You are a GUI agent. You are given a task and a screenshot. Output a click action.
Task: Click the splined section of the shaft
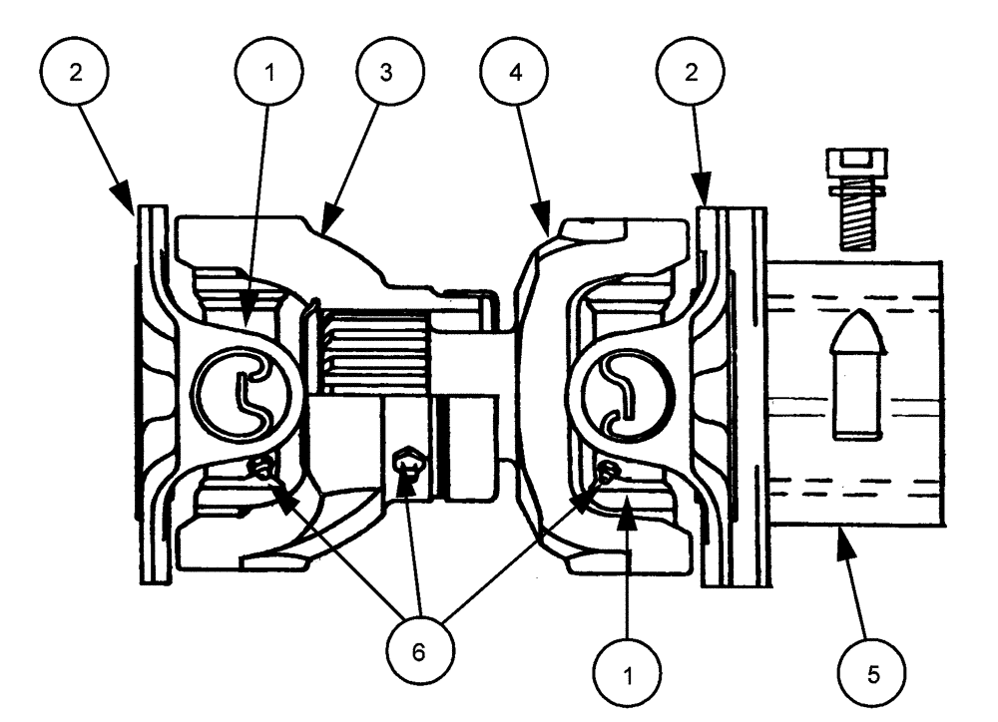(374, 351)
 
